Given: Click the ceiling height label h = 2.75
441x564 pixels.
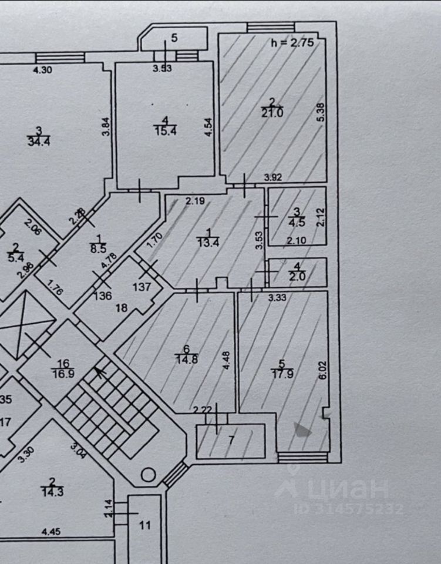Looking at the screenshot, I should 292,42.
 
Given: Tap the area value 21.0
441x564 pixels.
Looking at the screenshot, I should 272,113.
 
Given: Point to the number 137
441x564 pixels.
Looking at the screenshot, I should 142,288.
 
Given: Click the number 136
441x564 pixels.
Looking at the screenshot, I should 103,296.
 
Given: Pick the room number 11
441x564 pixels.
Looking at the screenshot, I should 145,525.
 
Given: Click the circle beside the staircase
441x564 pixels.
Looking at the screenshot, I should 149,474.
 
